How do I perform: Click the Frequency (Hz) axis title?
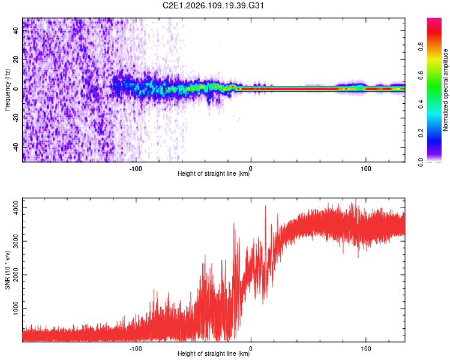[7, 89]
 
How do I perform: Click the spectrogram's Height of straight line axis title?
[214, 174]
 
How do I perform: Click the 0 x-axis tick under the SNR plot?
[251, 347]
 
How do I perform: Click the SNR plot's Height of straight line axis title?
[214, 354]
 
